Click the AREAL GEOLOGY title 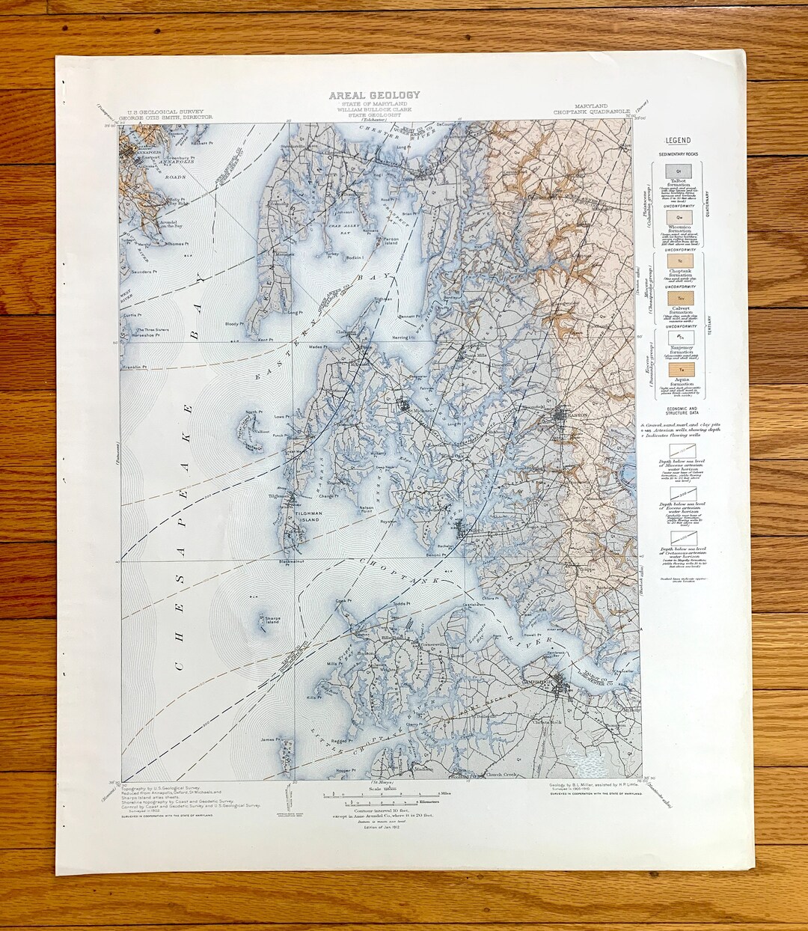pyautogui.click(x=375, y=95)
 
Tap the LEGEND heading pyautogui.click(x=674, y=140)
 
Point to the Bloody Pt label pyautogui.click(x=235, y=323)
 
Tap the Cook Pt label pyautogui.click(x=343, y=600)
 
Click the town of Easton pyautogui.click(x=574, y=412)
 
